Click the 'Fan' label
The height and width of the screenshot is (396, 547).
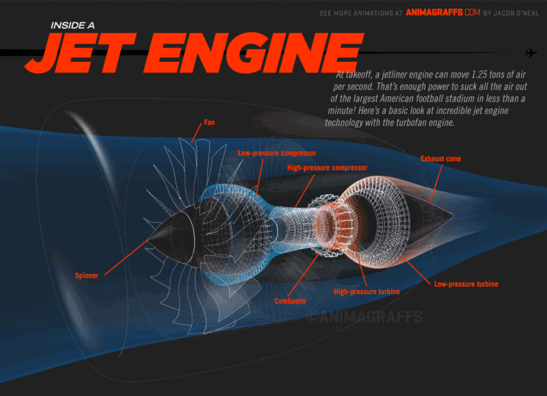209,122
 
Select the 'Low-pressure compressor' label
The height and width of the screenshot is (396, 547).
277,153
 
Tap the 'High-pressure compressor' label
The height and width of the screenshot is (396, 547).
328,168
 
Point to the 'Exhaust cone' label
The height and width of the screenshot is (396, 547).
440,159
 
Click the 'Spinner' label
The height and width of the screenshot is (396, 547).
87,276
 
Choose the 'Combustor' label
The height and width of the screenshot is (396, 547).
290,301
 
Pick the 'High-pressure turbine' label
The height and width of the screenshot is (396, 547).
366,291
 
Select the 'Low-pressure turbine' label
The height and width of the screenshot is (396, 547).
466,284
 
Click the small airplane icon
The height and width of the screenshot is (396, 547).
531,53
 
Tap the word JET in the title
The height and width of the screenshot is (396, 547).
80,53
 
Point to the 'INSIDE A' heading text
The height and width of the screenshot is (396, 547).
72,25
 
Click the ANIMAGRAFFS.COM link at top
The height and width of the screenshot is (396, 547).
443,12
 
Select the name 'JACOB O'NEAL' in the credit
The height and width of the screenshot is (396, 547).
516,13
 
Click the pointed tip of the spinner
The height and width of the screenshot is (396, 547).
148,240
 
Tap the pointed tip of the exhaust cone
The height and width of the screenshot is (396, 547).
453,215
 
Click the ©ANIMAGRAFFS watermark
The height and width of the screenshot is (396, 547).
364,317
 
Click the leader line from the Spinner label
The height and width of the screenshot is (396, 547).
126,257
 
